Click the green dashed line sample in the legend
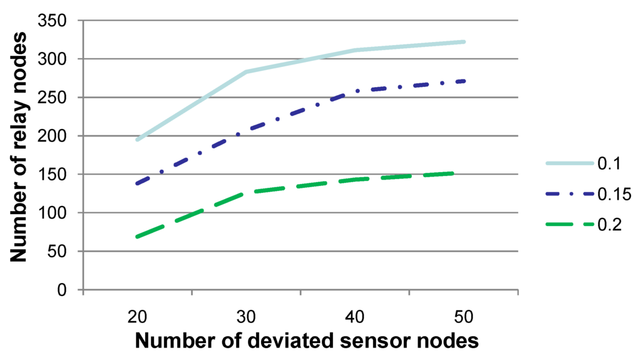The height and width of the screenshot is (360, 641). (569, 225)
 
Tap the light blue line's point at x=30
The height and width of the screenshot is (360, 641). (246, 72)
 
